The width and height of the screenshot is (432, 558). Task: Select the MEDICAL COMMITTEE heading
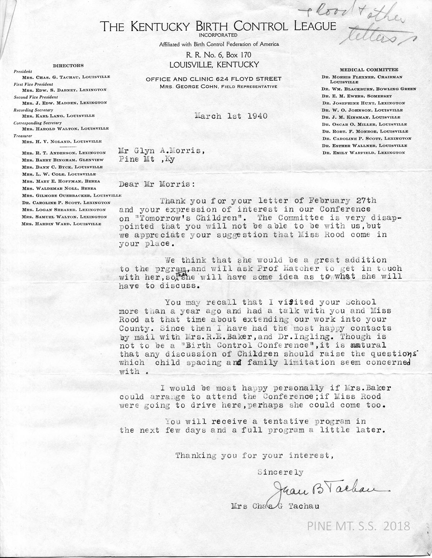click(x=369, y=70)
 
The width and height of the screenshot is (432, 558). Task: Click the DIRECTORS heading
click(x=68, y=66)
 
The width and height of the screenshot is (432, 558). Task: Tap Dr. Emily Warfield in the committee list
click(x=364, y=153)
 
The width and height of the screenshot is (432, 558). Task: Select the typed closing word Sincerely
click(x=280, y=472)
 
